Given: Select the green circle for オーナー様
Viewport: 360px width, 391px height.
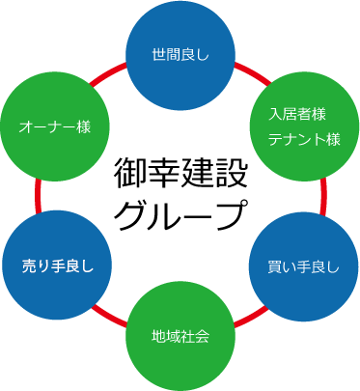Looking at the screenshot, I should pyautogui.click(x=55, y=125).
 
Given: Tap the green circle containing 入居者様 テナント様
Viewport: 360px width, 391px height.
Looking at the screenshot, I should pyautogui.click(x=305, y=125).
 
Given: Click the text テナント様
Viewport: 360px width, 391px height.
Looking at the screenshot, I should pyautogui.click(x=305, y=139).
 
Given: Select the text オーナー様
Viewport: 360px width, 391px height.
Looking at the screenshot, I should pyautogui.click(x=55, y=126).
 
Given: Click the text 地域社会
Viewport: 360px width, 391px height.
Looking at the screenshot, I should pyautogui.click(x=180, y=336).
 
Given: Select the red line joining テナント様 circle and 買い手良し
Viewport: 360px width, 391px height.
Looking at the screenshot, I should pyautogui.click(x=322, y=196).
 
